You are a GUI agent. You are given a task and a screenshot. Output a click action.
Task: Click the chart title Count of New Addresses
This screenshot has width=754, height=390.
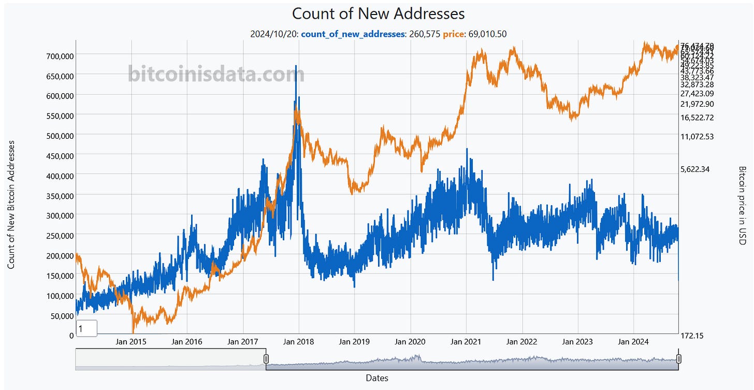tap(378, 13)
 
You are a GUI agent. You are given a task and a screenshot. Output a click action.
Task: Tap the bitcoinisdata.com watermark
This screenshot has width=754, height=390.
tap(216, 75)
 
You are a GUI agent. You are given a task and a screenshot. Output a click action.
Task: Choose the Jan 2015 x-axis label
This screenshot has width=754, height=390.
tap(130, 342)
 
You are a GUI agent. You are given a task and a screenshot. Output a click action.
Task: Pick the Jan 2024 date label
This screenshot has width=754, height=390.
tap(632, 342)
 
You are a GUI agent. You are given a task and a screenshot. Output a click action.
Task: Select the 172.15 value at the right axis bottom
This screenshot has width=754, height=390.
tap(692, 336)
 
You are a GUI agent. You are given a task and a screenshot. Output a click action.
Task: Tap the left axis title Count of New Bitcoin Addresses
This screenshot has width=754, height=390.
tap(11, 204)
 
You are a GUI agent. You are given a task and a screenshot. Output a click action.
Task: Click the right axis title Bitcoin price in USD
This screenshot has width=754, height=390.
tap(742, 205)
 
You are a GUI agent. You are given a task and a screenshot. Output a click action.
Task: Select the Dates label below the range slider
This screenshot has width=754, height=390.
tap(376, 378)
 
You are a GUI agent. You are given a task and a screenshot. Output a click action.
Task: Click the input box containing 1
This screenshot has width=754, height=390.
tap(86, 328)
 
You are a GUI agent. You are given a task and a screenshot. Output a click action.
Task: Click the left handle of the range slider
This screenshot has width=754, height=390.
tap(266, 359)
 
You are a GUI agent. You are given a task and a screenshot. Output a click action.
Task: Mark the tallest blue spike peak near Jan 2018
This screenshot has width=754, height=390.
tap(296, 66)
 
